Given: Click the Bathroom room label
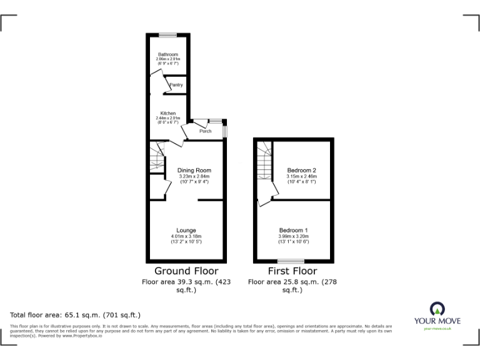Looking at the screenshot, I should [167, 54].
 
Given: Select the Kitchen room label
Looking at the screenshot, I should [167, 113].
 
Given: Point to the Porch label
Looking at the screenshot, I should [205, 131].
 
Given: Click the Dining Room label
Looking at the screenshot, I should [194, 170].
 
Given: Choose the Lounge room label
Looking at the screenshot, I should [186, 231].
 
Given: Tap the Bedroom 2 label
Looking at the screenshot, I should [302, 170].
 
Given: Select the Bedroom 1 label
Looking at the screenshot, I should [293, 231].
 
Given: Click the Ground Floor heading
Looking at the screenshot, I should [186, 271].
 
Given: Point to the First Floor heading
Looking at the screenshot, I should [292, 271].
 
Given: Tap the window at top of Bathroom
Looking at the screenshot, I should [167, 34].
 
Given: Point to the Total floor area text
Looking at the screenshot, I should [76, 315].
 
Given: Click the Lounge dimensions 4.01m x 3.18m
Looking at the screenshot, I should [186, 236].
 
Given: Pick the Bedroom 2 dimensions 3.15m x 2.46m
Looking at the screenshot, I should [302, 176].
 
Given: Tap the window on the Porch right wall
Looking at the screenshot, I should [226, 131].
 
